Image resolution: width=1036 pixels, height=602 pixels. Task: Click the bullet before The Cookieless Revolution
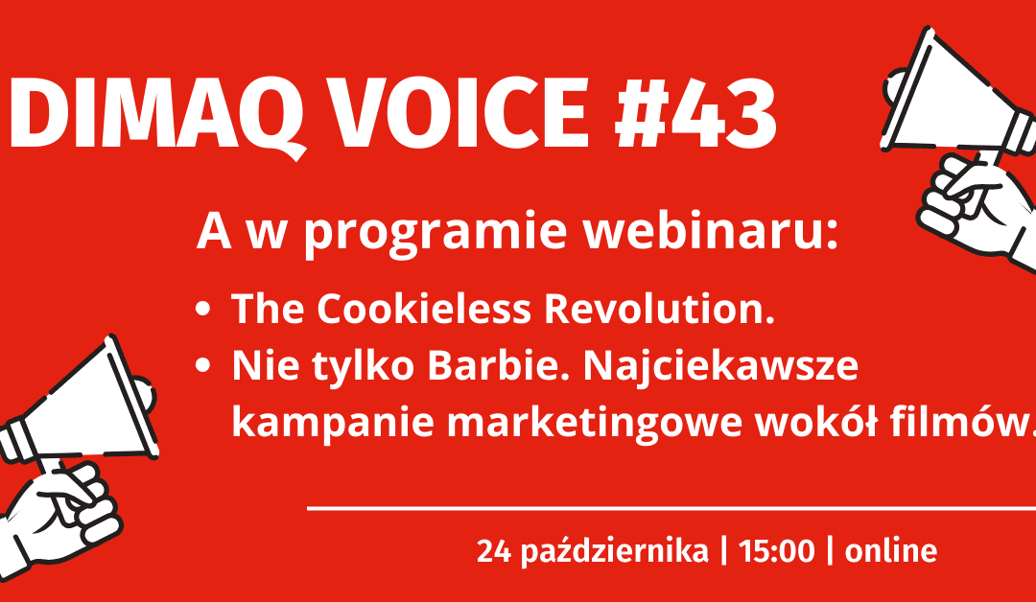click(x=202, y=311)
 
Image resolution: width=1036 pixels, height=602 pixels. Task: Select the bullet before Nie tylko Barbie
click(x=202, y=367)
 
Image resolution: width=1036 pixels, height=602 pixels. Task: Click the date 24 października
click(x=593, y=552)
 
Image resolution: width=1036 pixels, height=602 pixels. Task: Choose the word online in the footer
click(x=891, y=552)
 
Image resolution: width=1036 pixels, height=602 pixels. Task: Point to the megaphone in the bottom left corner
click(x=72, y=441)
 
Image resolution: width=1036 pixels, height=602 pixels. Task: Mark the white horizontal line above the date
click(x=671, y=509)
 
